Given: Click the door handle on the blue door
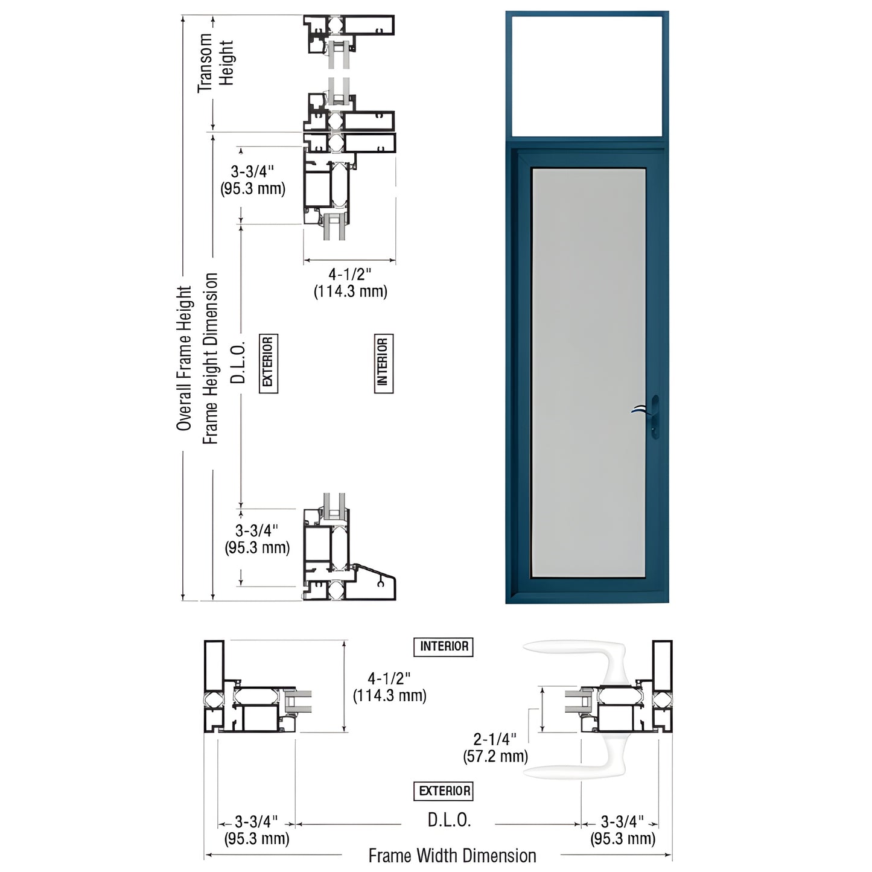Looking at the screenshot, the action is tap(646, 417).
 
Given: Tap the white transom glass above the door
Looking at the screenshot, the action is tap(587, 75).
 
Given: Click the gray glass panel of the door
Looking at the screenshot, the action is tap(588, 372).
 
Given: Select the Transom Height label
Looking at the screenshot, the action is tap(216, 63).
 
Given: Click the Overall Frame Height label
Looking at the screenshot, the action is tap(184, 358).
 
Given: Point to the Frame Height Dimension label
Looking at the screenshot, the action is tap(210, 358).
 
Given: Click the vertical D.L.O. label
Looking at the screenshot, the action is tap(238, 363).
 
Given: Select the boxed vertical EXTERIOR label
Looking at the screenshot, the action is tap(269, 363).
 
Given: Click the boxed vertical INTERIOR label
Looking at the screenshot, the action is tap(384, 363).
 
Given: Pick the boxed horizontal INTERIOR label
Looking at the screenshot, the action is tap(444, 647).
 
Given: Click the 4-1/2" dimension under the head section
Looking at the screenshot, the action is tap(350, 283).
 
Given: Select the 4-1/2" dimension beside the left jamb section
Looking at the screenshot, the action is tap(390, 687).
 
